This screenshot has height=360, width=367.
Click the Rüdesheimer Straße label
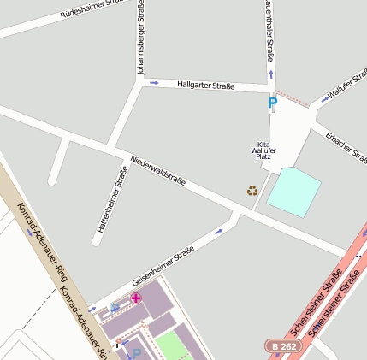pos(96,11)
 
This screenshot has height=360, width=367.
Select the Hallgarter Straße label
pos(205,86)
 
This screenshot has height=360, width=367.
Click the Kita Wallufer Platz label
pos(263,150)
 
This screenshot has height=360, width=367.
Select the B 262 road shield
pos(283,345)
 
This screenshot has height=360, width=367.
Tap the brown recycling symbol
pos(252,190)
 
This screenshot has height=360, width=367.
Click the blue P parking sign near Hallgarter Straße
pos(273,103)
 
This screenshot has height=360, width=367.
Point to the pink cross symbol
pos(135,298)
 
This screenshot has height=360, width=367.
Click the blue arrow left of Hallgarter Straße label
pos(154,83)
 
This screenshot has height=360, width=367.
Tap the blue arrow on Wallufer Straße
pos(323,100)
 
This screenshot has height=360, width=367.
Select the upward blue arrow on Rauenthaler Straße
pos(271,74)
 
